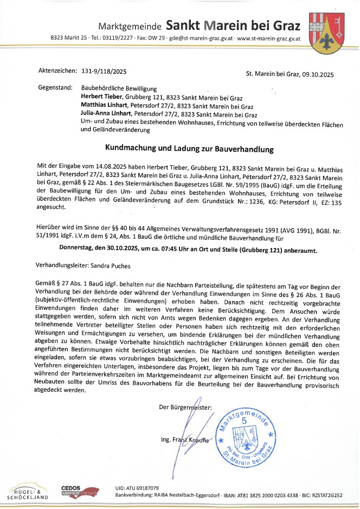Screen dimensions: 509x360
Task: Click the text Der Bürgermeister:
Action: tap(186, 407)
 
